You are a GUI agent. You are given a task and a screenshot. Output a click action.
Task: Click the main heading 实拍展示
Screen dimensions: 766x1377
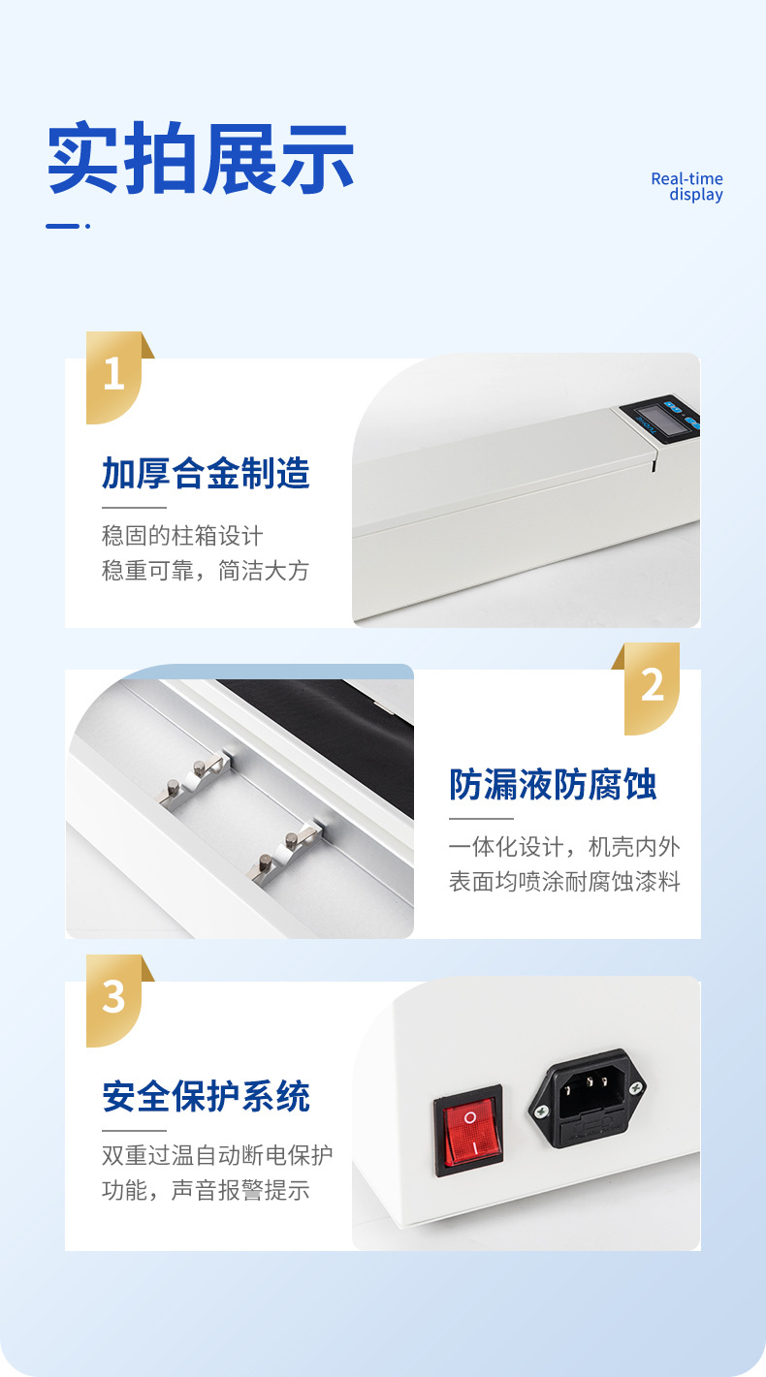(201, 158)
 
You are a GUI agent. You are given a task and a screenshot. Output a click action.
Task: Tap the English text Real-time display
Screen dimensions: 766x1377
(687, 187)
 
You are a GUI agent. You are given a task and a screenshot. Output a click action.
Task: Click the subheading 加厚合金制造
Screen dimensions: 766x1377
(206, 473)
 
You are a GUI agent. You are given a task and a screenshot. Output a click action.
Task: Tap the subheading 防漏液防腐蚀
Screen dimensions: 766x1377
(553, 784)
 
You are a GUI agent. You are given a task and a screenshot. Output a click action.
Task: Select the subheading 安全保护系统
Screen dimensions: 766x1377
(206, 1097)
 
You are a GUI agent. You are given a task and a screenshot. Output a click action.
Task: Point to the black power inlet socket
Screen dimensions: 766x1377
(588, 1099)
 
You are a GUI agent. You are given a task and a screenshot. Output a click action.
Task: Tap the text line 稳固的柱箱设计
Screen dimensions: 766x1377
(182, 536)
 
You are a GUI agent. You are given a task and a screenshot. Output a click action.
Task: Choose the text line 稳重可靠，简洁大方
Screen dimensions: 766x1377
(206, 571)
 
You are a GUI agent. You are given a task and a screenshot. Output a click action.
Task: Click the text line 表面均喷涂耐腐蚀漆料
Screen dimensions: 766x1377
(564, 882)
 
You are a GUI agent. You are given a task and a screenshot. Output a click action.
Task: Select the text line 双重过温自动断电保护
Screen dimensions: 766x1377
(217, 1155)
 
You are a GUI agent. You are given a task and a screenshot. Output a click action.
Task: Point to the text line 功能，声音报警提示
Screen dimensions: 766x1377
(206, 1190)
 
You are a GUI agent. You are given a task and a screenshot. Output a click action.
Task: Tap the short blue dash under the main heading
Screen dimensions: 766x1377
(62, 226)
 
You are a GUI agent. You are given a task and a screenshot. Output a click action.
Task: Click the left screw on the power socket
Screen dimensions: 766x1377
(541, 1111)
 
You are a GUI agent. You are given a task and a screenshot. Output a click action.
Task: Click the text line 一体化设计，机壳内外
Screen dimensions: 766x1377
(564, 847)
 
